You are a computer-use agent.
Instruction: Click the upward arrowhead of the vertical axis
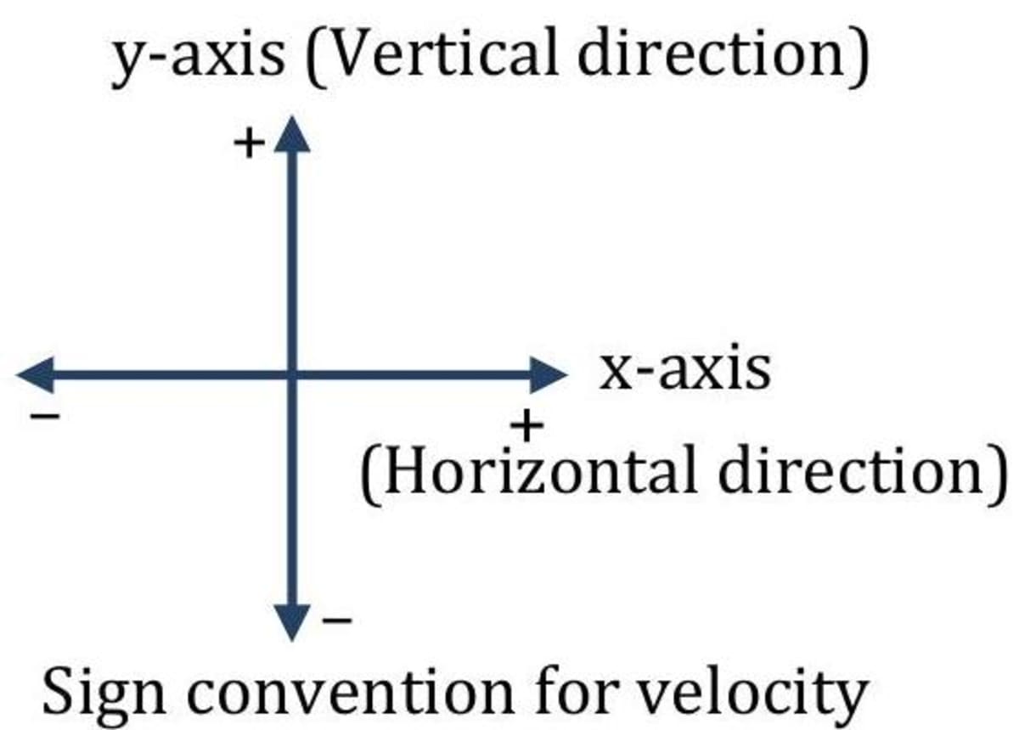coord(292,136)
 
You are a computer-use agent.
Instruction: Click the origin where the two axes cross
coord(292,374)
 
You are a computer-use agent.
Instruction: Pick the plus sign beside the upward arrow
coord(248,145)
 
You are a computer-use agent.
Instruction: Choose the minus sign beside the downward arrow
coord(337,622)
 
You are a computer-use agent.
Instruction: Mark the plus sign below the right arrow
coord(526,425)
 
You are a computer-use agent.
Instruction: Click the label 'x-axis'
coord(684,370)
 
